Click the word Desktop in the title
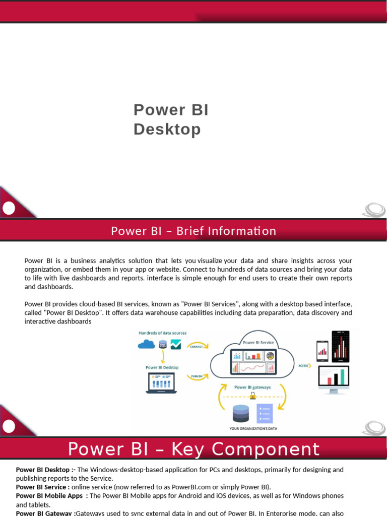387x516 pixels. coord(167,130)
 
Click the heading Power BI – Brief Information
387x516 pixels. coord(193,231)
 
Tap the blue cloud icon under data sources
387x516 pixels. coord(146,344)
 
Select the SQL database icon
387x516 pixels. coord(162,345)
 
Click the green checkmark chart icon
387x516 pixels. coord(176,344)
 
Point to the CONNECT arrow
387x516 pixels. coord(198,346)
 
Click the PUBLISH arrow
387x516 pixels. coord(198,376)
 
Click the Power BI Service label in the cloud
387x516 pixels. coord(259,342)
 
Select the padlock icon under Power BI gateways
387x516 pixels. coord(252,396)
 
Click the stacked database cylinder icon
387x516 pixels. coord(241,414)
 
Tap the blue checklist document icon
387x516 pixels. coord(264,413)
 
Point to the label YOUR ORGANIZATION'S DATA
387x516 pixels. coord(253,429)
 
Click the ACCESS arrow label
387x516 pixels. coord(304,365)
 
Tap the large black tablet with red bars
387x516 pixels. coord(341,346)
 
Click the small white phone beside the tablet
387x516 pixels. coord(322,349)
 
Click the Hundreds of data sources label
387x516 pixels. coord(162,333)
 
